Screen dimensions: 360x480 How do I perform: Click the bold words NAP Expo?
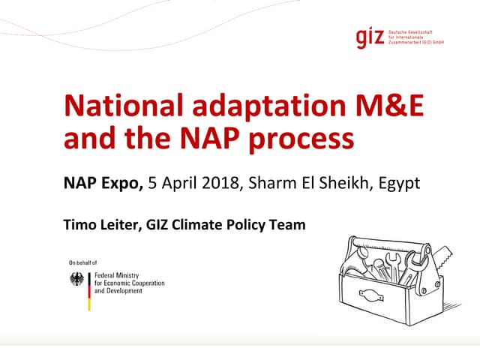pos(102,183)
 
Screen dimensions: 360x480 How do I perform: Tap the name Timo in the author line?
pos(79,223)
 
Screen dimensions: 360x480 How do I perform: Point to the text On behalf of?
pos(83,262)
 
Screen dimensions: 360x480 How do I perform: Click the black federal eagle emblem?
pos(76,280)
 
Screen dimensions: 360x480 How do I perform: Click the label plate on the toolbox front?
pos(370,293)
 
